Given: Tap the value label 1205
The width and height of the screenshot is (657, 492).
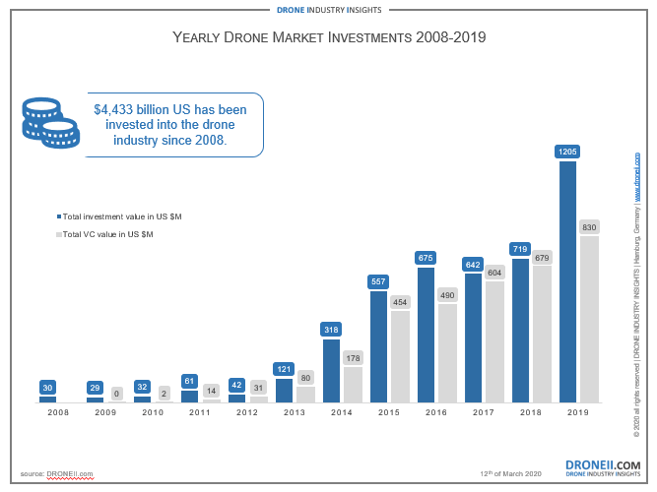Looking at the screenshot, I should (x=567, y=152).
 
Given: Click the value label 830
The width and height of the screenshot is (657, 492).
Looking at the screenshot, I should (x=590, y=227).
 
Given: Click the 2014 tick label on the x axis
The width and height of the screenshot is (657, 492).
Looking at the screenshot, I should (x=342, y=413).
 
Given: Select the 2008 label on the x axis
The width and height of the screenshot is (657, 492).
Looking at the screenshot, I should (x=58, y=413).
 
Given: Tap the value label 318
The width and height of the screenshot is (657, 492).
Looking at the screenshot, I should (x=331, y=330).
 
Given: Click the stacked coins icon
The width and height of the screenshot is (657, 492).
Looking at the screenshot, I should (x=50, y=123).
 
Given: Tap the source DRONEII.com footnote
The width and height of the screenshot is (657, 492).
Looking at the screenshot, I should (x=56, y=474).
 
